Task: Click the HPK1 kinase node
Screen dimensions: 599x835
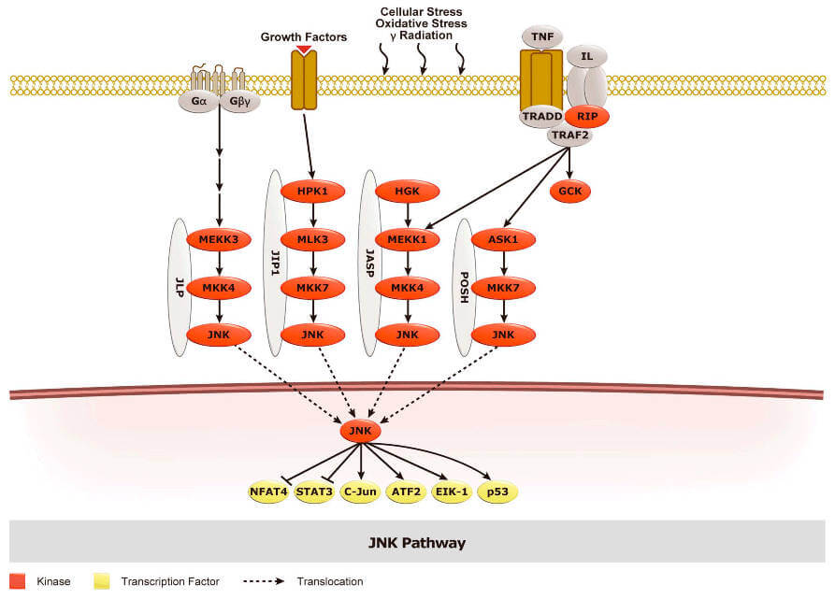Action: pos(314,191)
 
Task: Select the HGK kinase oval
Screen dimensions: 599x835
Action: pos(406,191)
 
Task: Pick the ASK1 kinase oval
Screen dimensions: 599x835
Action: pos(503,238)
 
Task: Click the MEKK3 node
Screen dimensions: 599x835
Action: pos(219,238)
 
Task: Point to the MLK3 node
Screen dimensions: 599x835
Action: pos(314,238)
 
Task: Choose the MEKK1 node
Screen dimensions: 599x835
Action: pos(406,238)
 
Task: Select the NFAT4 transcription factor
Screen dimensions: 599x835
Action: pos(268,492)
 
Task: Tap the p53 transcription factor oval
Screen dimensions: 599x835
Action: pos(497,492)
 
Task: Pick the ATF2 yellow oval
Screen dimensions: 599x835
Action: pos(406,492)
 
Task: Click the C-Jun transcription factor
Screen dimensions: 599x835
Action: pos(360,492)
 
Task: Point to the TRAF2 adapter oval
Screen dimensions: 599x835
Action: pos(569,136)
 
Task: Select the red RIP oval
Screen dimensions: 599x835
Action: pos(587,116)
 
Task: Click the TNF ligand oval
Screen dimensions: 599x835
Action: pos(541,36)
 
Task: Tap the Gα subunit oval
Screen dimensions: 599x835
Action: pos(198,101)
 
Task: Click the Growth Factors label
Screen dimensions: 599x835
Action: pos(304,37)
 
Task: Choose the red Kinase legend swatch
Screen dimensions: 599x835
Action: pos(17,581)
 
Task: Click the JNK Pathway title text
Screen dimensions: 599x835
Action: pos(416,542)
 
